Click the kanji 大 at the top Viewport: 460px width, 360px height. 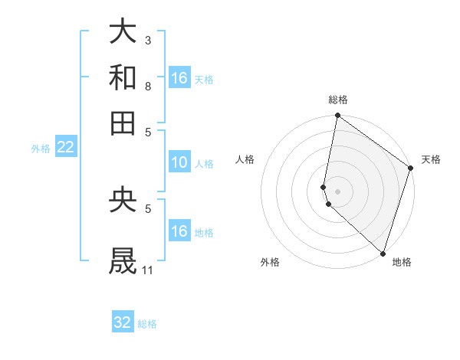(123, 32)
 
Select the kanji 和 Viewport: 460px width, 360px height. (123, 78)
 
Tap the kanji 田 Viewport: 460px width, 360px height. (123, 123)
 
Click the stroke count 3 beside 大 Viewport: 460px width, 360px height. (148, 39)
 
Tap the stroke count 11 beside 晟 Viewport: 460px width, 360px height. (148, 270)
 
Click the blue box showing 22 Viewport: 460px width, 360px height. (65, 147)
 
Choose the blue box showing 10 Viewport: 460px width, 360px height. (179, 162)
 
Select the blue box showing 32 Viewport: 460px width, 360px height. (123, 322)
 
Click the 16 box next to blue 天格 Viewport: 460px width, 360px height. (179, 78)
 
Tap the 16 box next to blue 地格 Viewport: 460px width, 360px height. (179, 231)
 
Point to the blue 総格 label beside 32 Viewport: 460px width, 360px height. (147, 324)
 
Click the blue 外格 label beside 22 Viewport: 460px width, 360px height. (41, 149)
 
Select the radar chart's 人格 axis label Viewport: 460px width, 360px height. (245, 159)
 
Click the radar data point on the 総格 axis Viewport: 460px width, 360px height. (337, 116)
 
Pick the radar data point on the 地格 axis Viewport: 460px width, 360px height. (383, 253)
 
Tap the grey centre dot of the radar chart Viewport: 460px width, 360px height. (337, 191)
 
